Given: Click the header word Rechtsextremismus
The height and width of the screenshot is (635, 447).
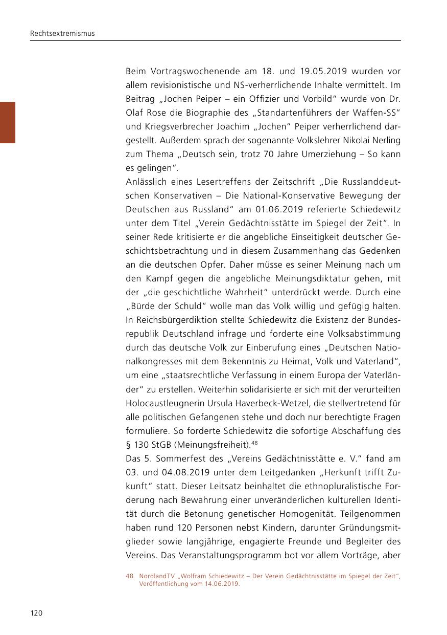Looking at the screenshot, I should [x=62, y=34].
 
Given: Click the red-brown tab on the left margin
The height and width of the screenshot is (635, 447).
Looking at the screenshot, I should [x=7, y=122].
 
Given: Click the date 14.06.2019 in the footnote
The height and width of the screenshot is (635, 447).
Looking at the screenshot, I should [x=221, y=584].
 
